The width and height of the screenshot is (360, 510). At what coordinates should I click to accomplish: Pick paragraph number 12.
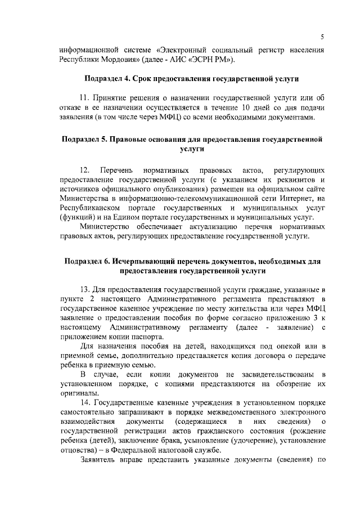click(x=85, y=169)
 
